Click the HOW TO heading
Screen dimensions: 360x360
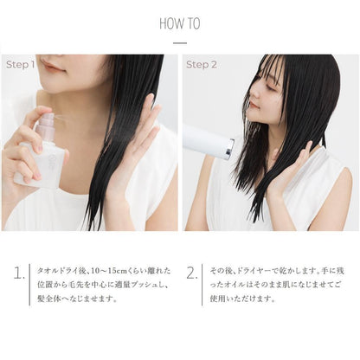(x=180, y=23)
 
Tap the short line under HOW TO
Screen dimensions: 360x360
(x=180, y=43)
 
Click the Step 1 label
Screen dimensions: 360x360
(x=20, y=65)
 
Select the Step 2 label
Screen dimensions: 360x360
(x=201, y=65)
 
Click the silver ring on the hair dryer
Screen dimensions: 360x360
(x=230, y=149)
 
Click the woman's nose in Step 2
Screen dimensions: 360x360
(x=254, y=93)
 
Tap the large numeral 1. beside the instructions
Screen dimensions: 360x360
(x=19, y=273)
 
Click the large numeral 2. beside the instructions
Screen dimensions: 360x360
(x=192, y=273)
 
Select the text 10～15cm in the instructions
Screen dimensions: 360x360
(x=109, y=271)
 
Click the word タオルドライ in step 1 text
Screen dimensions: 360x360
(x=59, y=271)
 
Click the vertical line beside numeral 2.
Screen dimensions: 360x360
(x=202, y=285)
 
